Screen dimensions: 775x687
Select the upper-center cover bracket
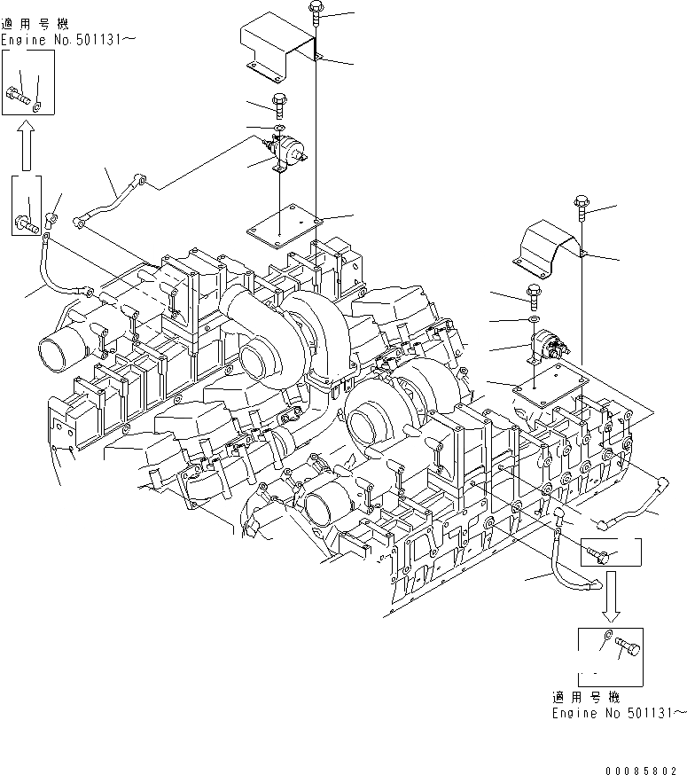[x=277, y=50]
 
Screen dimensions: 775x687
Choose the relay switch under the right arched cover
[x=544, y=345]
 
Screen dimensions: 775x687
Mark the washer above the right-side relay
[x=531, y=317]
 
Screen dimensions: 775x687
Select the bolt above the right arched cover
[x=581, y=207]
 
